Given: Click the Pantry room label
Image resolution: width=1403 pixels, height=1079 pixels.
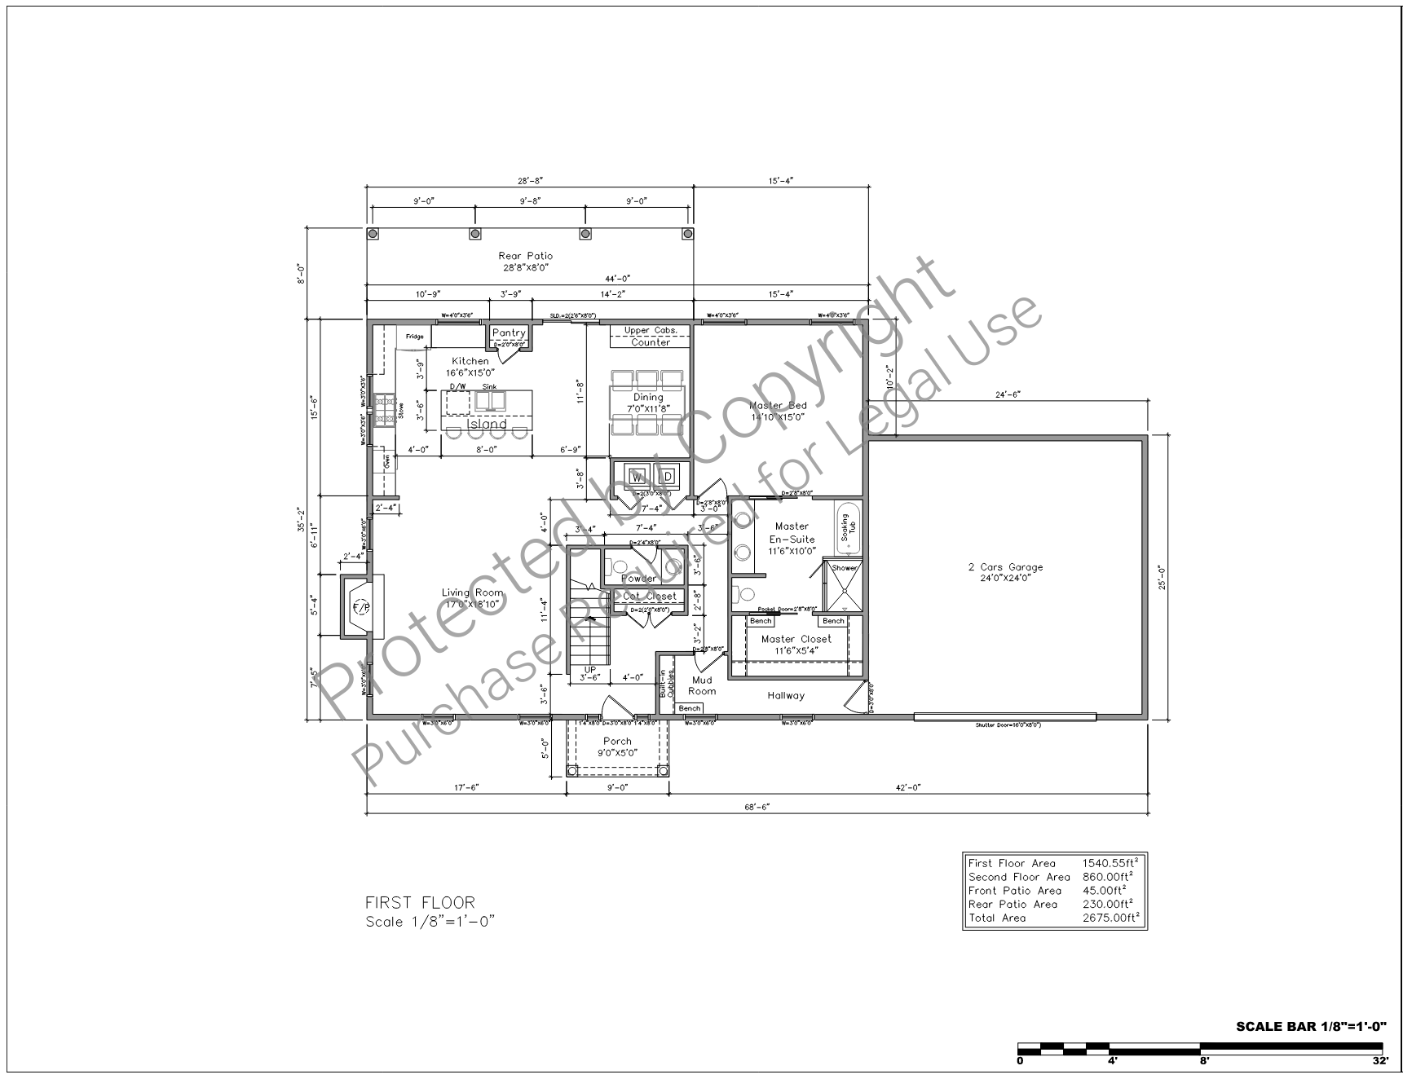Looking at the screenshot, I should (x=509, y=333).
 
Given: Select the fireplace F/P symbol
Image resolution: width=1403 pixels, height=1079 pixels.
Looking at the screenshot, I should (x=360, y=606).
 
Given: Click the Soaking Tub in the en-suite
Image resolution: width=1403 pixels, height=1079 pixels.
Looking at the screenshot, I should (x=845, y=530).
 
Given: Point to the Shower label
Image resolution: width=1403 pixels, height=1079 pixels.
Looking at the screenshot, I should (x=844, y=568).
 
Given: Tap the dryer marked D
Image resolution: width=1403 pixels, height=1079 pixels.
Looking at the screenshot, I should (x=665, y=476).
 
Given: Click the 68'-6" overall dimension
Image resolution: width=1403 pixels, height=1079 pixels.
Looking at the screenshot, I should (x=757, y=806).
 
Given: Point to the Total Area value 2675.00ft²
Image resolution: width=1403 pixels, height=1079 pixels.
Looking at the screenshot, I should (x=1110, y=918).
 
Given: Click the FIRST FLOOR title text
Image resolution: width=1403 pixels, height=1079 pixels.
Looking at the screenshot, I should (x=420, y=903).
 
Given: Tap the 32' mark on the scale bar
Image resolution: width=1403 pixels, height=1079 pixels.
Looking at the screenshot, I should (x=1379, y=1061).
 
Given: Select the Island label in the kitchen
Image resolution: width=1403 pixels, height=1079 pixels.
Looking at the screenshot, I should (x=488, y=424).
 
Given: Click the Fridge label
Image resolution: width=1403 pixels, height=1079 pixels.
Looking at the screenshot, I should (x=415, y=337).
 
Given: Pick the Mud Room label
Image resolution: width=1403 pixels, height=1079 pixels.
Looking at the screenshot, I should (x=702, y=685).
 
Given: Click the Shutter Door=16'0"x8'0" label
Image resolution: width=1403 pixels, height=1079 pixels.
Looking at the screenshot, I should (x=1008, y=724).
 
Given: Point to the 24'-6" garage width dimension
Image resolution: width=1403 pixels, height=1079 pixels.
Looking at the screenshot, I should (x=1008, y=394).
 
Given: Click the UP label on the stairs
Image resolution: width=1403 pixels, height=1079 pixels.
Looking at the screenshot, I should (x=590, y=669).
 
